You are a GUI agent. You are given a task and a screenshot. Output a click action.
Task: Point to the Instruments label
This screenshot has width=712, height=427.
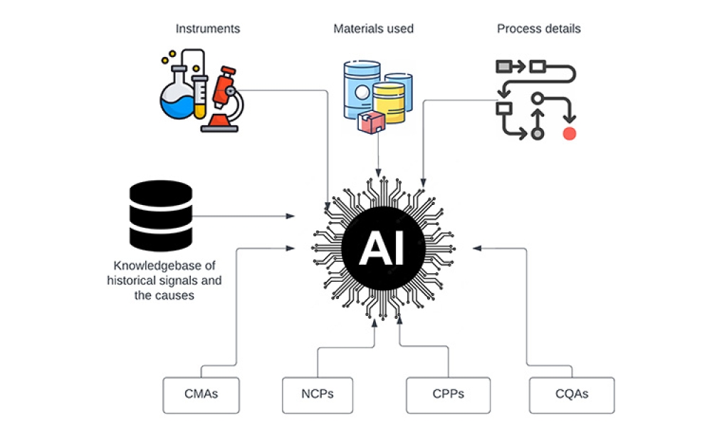point(208,29)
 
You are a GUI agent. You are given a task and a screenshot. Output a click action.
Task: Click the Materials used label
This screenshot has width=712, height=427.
point(373,29)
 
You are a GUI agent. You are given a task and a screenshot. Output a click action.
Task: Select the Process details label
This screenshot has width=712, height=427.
point(538,29)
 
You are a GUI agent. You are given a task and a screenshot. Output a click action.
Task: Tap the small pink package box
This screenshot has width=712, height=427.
point(371,122)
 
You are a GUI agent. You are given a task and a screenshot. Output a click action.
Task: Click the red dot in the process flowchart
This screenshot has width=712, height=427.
point(569,134)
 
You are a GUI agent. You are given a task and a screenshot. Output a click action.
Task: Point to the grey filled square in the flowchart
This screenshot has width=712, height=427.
point(503,67)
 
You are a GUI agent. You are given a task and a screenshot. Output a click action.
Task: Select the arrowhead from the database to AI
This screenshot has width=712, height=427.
point(292,215)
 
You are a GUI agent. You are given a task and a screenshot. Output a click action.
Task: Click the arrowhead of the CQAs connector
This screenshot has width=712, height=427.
point(476,248)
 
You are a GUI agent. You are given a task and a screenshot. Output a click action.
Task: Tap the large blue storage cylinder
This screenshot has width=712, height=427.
point(362,89)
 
